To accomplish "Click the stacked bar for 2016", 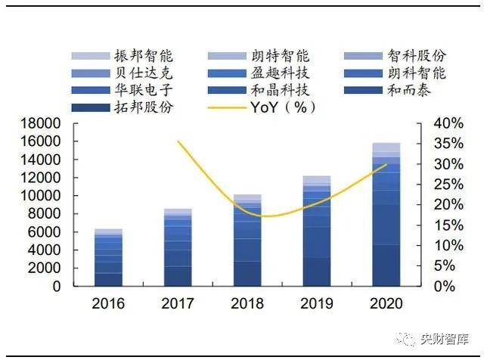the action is pyautogui.click(x=108, y=257).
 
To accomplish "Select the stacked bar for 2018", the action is pyautogui.click(x=247, y=241).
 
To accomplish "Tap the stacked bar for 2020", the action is pyautogui.click(x=386, y=215).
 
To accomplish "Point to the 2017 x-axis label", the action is pyautogui.click(x=178, y=303).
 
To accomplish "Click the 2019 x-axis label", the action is pyautogui.click(x=317, y=303).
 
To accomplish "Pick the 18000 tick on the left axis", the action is pyautogui.click(x=40, y=123).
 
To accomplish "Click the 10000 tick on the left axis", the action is pyautogui.click(x=40, y=196).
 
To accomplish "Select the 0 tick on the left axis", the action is pyautogui.click(x=57, y=287).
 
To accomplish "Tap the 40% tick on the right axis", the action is pyautogui.click(x=448, y=123).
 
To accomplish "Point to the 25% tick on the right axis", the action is pyautogui.click(x=448, y=185).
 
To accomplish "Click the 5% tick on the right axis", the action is pyautogui.click(x=445, y=265).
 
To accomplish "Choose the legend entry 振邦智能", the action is pyautogui.click(x=123, y=56).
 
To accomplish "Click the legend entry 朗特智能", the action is pyautogui.click(x=259, y=56).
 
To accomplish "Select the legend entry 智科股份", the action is pyautogui.click(x=395, y=56).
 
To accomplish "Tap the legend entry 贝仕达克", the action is pyautogui.click(x=123, y=73).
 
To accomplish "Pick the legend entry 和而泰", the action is pyautogui.click(x=387, y=91).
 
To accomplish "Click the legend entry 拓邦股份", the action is pyautogui.click(x=123, y=107).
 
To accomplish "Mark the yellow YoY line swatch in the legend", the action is pyautogui.click(x=227, y=108).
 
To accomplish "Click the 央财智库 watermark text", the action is pyautogui.click(x=445, y=340).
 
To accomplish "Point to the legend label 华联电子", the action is pyautogui.click(x=144, y=91).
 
